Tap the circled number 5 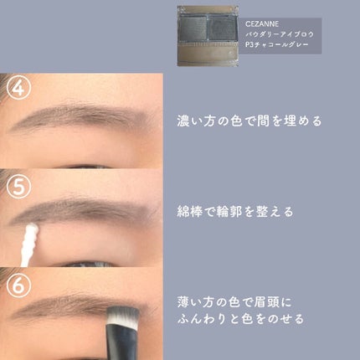click(x=19, y=187)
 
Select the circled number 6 click(x=19, y=285)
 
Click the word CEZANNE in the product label click(x=262, y=24)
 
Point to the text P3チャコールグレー click(x=277, y=44)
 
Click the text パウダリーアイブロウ click(x=280, y=34)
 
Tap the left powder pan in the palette click(x=193, y=28)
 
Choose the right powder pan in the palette click(x=222, y=28)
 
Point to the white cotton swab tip click(x=32, y=232)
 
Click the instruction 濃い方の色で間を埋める click(x=249, y=121)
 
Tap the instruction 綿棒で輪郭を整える click(x=235, y=212)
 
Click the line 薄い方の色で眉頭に click(x=234, y=302)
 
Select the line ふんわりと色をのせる click(x=240, y=319)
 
